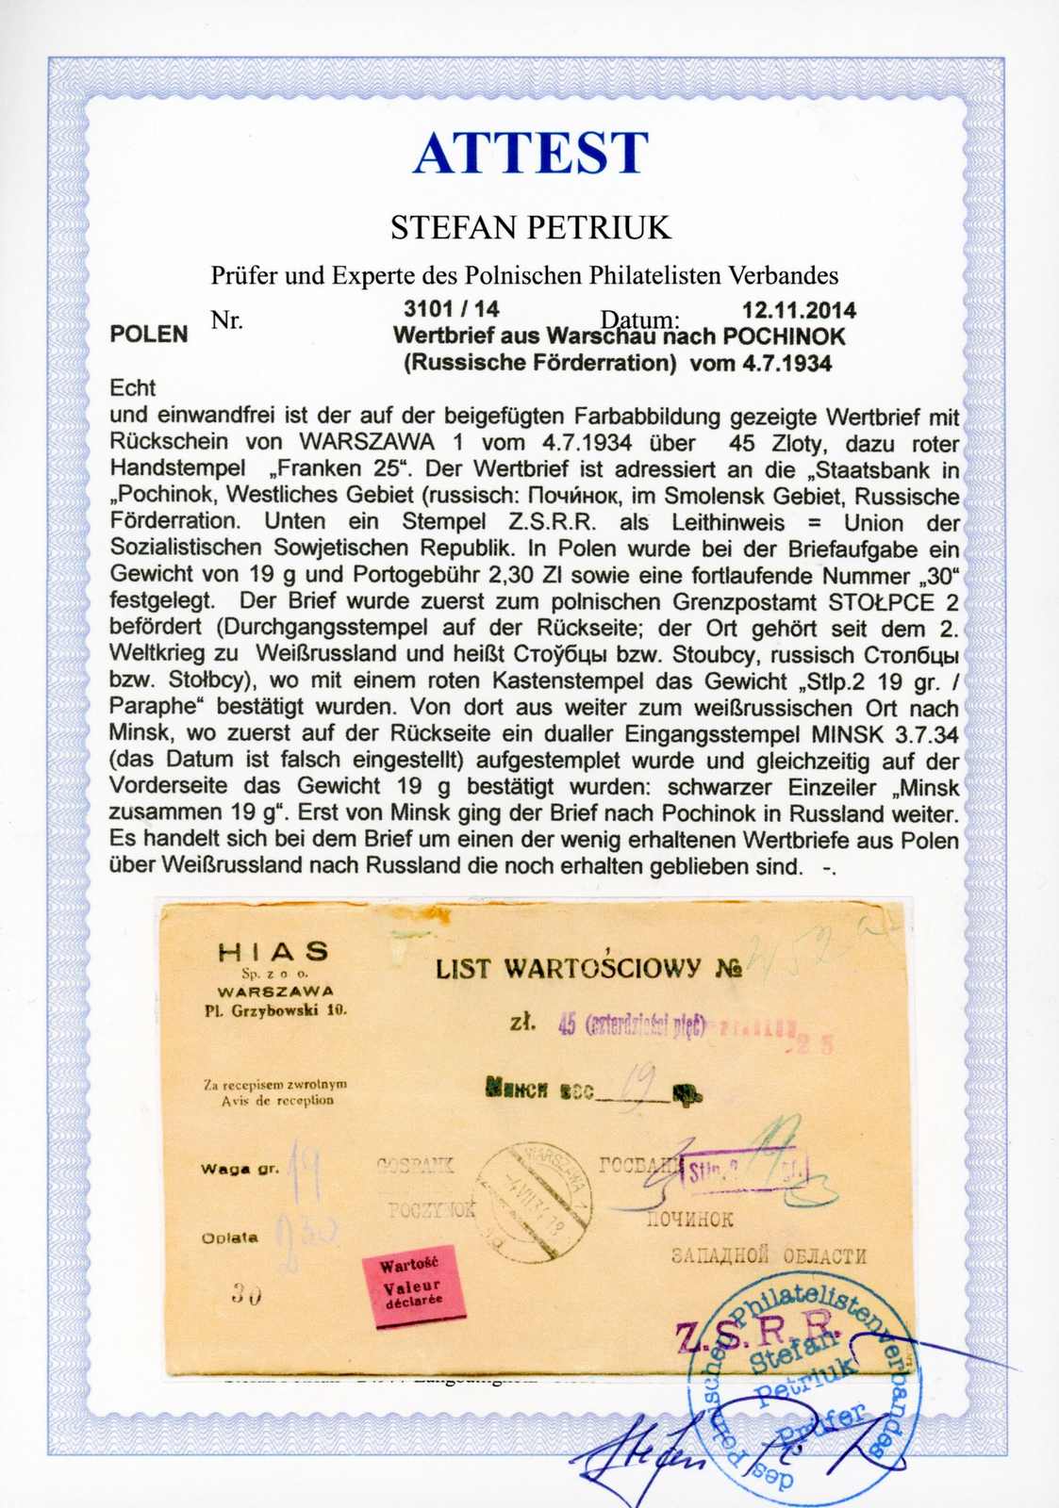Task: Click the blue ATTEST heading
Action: click(530, 153)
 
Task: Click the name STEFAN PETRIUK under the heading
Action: click(530, 227)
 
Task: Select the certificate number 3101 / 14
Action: click(451, 308)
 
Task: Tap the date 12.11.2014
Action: click(799, 310)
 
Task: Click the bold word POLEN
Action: click(149, 335)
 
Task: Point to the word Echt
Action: click(133, 387)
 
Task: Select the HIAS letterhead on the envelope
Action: click(273, 952)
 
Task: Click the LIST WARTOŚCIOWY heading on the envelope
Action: click(568, 968)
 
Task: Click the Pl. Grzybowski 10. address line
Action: click(275, 1009)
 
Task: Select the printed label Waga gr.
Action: click(240, 1169)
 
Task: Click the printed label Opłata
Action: click(229, 1238)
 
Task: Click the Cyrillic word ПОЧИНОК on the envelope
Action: click(689, 1220)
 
